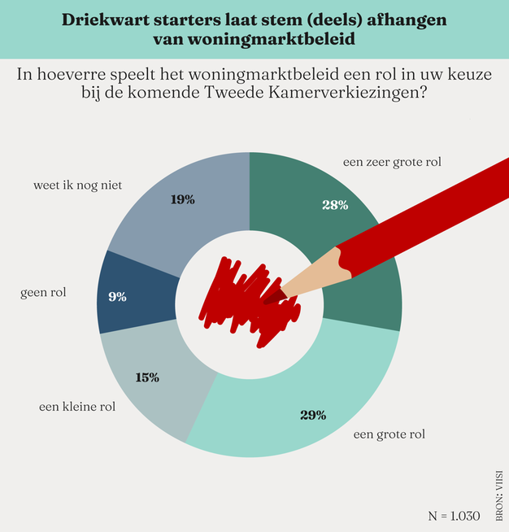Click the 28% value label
[334, 205]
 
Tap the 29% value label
[313, 416]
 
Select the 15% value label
[147, 377]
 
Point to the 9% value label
[117, 297]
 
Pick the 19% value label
[183, 199]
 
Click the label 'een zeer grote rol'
[392, 162]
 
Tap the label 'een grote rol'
[389, 434]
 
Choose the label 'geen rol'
[43, 291]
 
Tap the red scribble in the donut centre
[244, 297]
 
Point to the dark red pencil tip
[272, 298]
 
